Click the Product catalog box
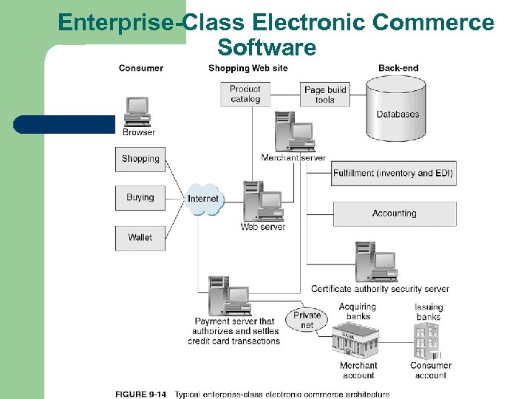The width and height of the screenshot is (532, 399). coord(245,95)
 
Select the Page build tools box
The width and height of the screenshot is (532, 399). coord(324,95)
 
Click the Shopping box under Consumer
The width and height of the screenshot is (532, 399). coord(140,159)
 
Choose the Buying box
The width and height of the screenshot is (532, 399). coord(140,198)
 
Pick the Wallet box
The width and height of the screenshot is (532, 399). coord(140,238)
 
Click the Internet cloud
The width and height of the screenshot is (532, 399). coord(203,199)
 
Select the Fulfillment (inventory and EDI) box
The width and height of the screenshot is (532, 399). coord(393,173)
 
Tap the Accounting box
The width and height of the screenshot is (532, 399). coord(394,214)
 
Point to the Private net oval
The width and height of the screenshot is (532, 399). coord(307,320)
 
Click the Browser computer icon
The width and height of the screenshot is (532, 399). coord(137,112)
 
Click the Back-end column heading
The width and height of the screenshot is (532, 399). coord(398,68)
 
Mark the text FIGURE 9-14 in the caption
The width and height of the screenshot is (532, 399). coord(140,394)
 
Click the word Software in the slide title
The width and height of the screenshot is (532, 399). coord(267,48)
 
